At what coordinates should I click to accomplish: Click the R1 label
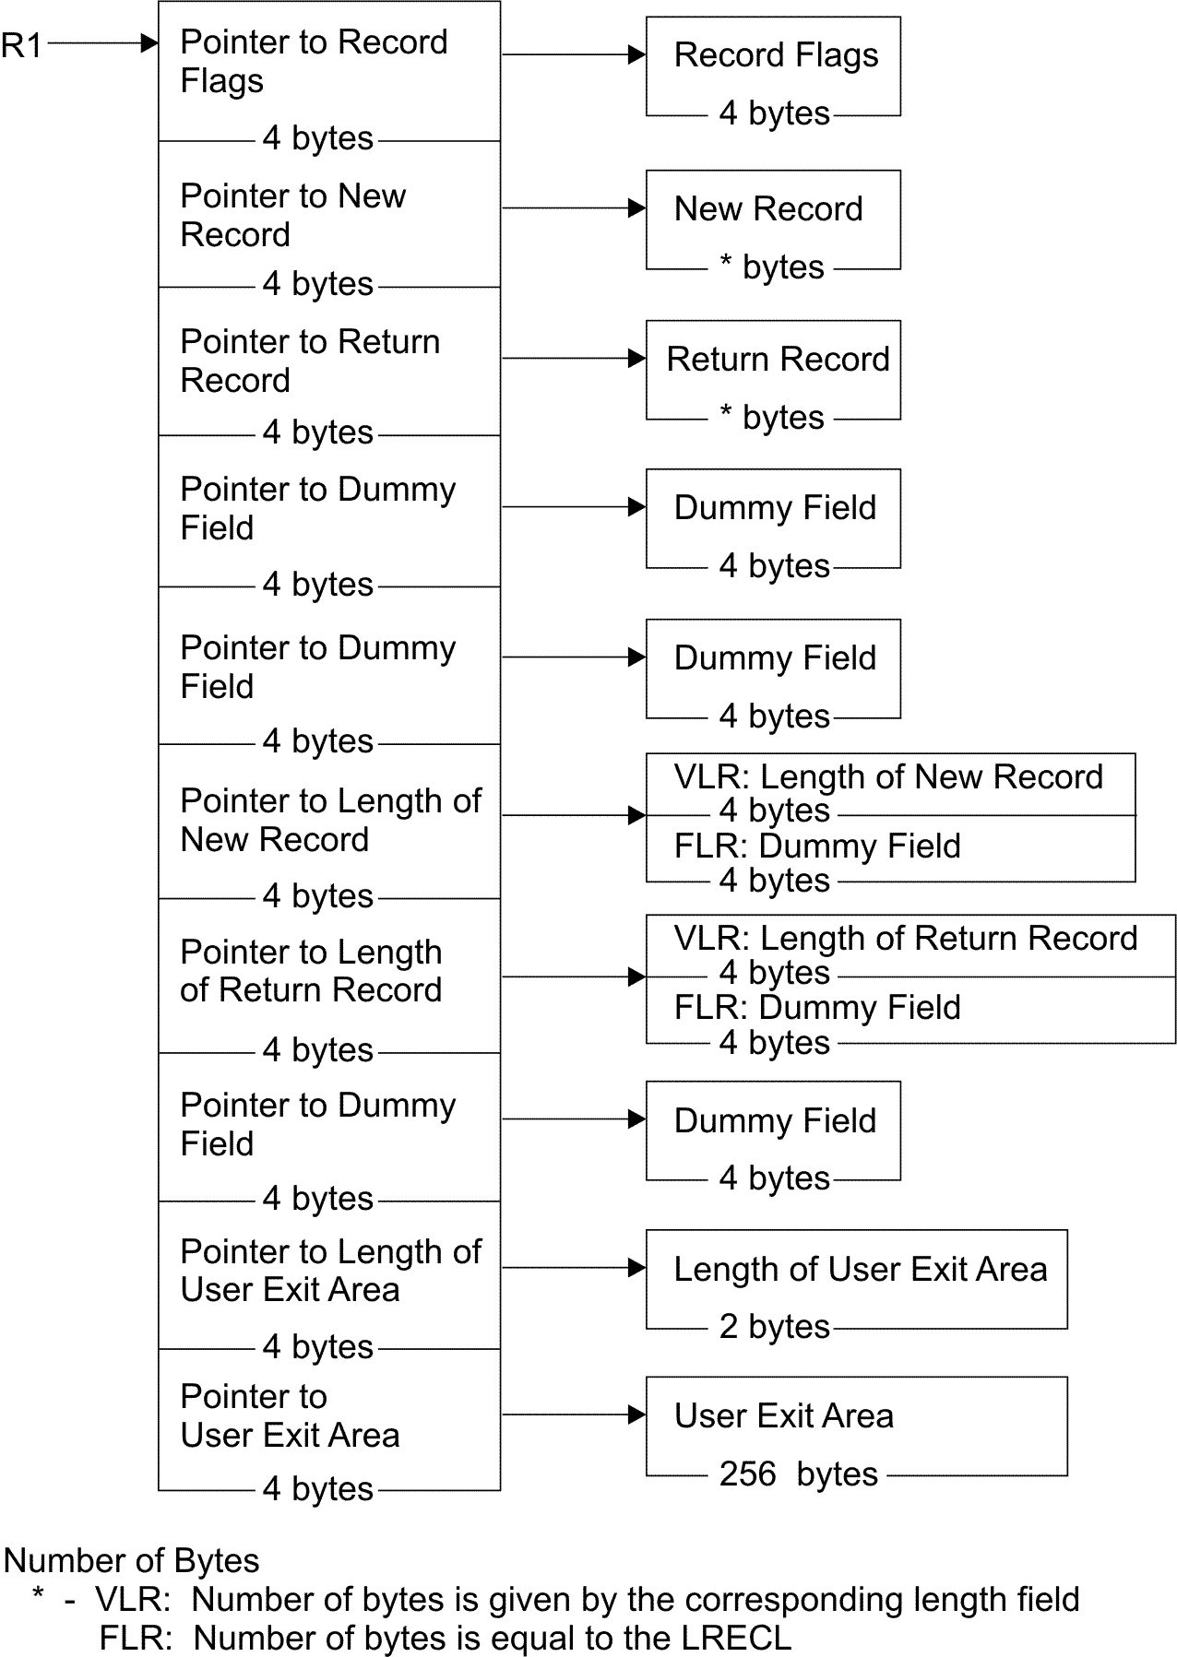[x=21, y=44]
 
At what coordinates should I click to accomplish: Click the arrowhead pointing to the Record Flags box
[x=636, y=55]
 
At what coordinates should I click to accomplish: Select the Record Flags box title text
[x=776, y=55]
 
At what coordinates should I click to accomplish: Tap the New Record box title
[x=768, y=209]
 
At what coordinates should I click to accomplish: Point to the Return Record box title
[x=778, y=360]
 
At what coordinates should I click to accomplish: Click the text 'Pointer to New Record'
[x=292, y=215]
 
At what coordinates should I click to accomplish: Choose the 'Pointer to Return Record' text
[x=309, y=361]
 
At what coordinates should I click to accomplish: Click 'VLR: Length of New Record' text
[x=887, y=777]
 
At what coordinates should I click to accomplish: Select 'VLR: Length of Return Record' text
[x=905, y=939]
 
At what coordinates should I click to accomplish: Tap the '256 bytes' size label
[x=798, y=1474]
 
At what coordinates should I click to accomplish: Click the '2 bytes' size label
[x=774, y=1326]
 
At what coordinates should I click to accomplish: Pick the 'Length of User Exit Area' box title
[x=860, y=1270]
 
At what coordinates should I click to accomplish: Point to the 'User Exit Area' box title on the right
[x=783, y=1416]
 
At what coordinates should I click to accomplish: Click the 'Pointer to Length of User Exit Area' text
[x=330, y=1271]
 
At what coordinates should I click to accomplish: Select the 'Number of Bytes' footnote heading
[x=132, y=1560]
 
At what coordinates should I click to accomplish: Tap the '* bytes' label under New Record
[x=771, y=267]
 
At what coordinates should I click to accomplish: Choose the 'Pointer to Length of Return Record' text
[x=311, y=971]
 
